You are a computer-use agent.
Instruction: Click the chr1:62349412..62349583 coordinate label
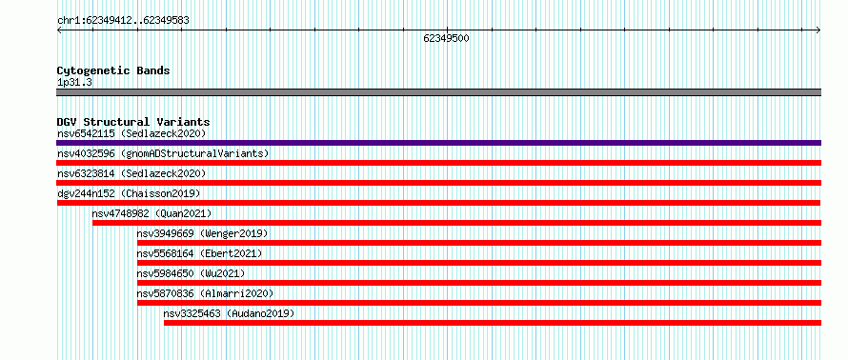coord(123,21)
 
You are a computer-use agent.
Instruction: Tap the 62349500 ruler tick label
coord(446,38)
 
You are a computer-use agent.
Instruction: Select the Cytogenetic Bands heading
coord(113,70)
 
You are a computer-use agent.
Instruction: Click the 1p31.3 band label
coord(74,83)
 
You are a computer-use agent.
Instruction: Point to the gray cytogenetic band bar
coord(438,92)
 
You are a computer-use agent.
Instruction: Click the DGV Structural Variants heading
coord(133,122)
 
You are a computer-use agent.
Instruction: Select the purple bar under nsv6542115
coord(438,143)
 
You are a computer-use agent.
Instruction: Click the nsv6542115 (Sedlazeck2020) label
coord(131,133)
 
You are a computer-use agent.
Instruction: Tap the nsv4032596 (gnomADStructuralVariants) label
coord(163,153)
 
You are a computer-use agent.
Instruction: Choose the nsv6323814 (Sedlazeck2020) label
coord(131,173)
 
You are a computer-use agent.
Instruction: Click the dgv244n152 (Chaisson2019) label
coord(129,193)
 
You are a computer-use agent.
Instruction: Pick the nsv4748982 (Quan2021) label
coord(151,213)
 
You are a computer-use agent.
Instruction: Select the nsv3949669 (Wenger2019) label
coord(202,233)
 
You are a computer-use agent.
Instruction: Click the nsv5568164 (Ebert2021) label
coord(199,253)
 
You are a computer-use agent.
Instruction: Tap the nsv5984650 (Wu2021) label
coord(191,273)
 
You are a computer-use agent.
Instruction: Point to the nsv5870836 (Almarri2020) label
coord(205,293)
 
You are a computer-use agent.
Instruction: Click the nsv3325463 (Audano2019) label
coord(229,313)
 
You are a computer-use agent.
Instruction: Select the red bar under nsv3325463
coord(493,323)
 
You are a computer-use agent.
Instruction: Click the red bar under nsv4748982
coord(457,223)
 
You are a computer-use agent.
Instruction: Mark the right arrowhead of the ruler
coord(818,30)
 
